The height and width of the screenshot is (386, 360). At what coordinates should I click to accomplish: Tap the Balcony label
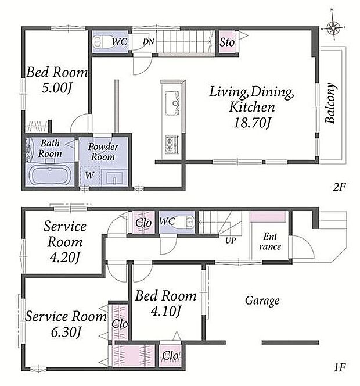pyautogui.click(x=330, y=103)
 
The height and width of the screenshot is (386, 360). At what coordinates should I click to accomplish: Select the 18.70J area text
pyautogui.click(x=252, y=122)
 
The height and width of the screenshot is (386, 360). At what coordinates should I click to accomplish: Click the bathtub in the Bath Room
pyautogui.click(x=50, y=174)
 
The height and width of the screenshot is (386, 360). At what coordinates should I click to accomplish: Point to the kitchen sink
pyautogui.click(x=172, y=103)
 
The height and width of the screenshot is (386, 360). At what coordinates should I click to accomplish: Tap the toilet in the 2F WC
pyautogui.click(x=101, y=42)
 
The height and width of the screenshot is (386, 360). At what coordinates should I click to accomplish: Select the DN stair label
pyautogui.click(x=149, y=42)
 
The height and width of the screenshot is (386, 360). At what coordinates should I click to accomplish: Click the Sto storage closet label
pyautogui.click(x=226, y=42)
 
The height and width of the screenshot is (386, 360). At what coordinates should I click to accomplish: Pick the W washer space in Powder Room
pyautogui.click(x=89, y=176)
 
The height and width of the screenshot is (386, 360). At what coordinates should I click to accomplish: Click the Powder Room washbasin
pyautogui.click(x=114, y=178)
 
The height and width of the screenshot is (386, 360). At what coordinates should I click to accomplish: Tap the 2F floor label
pyautogui.click(x=339, y=187)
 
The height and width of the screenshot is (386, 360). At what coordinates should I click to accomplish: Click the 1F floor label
pyautogui.click(x=340, y=367)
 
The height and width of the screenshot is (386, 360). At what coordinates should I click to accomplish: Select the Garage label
pyautogui.click(x=262, y=301)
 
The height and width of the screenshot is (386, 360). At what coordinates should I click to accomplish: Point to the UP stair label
pyautogui.click(x=231, y=241)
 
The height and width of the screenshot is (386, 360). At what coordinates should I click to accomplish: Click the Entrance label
pyautogui.click(x=270, y=241)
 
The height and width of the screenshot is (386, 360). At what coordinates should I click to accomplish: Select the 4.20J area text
pyautogui.click(x=64, y=258)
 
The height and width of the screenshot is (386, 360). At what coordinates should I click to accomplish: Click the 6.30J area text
pyautogui.click(x=66, y=333)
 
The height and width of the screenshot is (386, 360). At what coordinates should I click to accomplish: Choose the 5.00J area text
pyautogui.click(x=57, y=88)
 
